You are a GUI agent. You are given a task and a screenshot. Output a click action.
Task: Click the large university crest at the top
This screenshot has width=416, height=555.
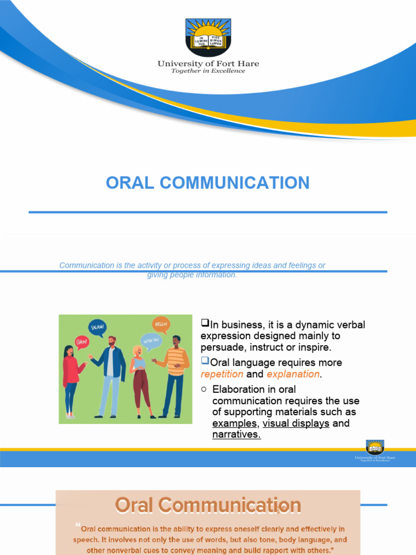[x=208, y=37]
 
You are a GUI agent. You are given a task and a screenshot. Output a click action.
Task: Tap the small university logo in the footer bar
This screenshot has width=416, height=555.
[x=375, y=448]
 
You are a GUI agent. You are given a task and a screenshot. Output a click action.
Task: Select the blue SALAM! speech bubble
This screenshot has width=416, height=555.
[x=97, y=327]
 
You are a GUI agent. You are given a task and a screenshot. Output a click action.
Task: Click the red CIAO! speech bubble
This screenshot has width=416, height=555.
[x=82, y=341]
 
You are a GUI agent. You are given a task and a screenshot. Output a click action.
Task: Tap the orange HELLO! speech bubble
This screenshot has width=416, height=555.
[x=161, y=324]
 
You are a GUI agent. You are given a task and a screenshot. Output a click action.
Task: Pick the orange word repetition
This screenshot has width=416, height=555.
[x=222, y=374]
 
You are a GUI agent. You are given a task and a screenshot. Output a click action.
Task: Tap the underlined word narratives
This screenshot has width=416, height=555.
[x=236, y=435]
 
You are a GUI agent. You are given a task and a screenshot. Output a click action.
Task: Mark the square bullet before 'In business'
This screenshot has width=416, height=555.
[x=205, y=324]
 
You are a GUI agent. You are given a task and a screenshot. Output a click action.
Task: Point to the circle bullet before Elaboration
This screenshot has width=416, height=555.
[x=204, y=389]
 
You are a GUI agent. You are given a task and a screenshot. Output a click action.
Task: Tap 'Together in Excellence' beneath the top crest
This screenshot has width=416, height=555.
[x=208, y=71]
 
